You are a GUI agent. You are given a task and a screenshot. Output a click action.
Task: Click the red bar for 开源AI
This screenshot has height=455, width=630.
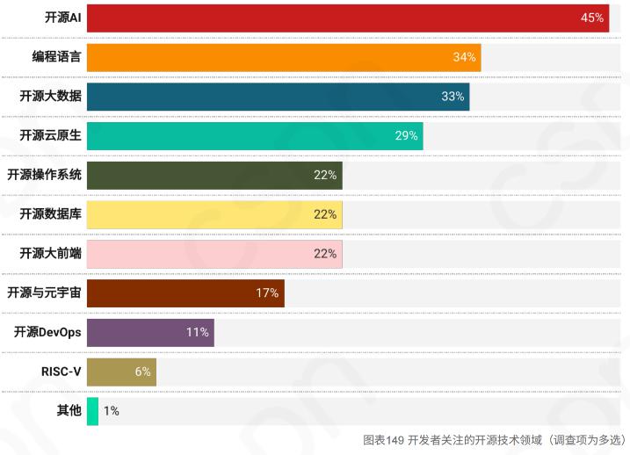tap(347, 18)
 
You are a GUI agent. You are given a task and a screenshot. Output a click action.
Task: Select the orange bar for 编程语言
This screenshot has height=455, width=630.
tap(283, 57)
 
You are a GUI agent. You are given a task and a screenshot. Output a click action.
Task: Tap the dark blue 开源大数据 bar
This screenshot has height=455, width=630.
tap(278, 97)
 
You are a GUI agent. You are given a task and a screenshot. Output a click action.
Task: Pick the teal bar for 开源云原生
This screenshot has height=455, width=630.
tap(254, 136)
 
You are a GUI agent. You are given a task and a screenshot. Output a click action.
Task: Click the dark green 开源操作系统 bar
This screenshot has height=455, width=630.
tap(214, 175)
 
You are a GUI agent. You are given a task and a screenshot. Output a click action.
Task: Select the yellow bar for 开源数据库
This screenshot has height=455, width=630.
tap(214, 214)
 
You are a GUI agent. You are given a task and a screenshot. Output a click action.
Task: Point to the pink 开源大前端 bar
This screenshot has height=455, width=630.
tap(214, 254)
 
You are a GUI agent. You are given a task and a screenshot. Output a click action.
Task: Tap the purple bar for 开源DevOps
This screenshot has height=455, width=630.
tap(149, 332)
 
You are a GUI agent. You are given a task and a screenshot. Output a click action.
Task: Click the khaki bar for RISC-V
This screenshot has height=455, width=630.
tap(120, 372)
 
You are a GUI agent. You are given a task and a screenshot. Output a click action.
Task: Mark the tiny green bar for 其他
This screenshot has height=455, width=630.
tap(92, 410)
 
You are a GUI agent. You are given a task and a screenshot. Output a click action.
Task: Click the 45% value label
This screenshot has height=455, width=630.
tap(591, 18)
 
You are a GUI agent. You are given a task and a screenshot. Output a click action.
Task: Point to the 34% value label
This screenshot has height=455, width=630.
tap(464, 57)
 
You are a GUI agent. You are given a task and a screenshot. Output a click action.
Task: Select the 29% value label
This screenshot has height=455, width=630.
tap(406, 136)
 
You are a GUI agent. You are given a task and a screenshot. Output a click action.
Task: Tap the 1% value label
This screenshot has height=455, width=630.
tap(112, 410)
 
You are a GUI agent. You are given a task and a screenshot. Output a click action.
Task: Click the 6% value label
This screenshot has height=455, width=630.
tap(142, 372)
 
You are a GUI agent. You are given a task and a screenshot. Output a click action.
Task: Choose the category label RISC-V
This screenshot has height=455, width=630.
tap(61, 372)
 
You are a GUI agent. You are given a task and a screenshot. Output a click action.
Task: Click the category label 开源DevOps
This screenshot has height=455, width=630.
tap(47, 332)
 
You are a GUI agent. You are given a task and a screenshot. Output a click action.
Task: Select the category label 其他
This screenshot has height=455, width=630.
tap(69, 410)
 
